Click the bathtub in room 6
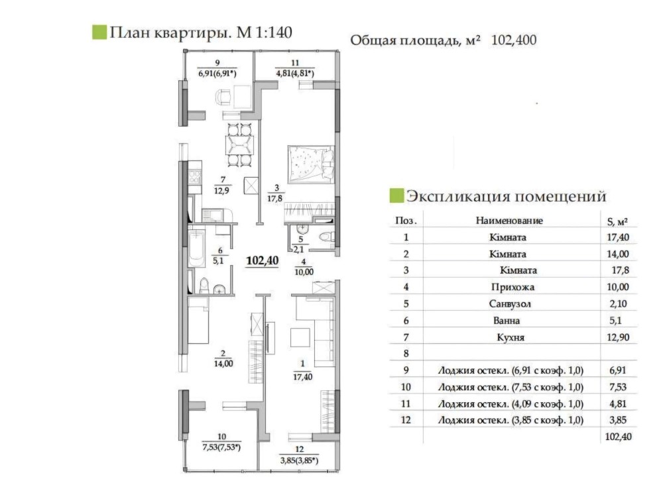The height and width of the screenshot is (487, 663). (x=196, y=248)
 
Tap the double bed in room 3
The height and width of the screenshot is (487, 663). (x=311, y=164)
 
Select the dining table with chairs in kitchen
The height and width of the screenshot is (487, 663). (x=240, y=145)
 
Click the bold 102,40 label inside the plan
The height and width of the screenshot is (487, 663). (x=262, y=260)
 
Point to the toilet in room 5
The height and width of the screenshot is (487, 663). (x=326, y=237)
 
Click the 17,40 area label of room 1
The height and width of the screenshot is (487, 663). (x=303, y=376)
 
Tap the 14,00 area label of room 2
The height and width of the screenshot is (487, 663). (x=223, y=364)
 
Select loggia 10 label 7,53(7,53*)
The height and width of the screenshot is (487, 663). (x=221, y=447)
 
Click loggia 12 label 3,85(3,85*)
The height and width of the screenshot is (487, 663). (x=300, y=460)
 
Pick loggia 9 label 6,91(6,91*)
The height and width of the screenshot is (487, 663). (x=217, y=74)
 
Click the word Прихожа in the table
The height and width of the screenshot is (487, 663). (x=512, y=287)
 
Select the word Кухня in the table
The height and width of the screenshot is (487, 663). (x=511, y=337)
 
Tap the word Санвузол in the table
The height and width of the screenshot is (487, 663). (x=509, y=304)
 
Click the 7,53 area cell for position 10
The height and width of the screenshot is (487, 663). (x=618, y=387)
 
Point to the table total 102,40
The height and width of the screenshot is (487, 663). (x=618, y=436)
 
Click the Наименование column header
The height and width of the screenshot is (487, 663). (x=509, y=220)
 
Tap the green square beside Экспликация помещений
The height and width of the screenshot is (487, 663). (x=396, y=195)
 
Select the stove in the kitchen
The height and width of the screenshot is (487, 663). (x=194, y=176)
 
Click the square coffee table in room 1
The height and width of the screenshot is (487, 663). (x=300, y=337)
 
